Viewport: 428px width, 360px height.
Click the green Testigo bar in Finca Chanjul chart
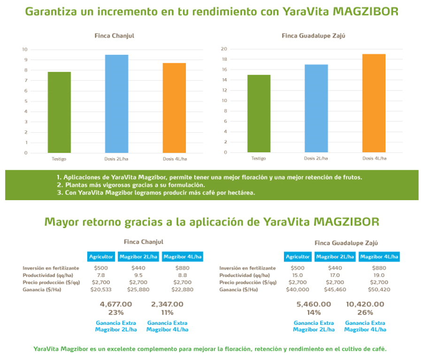[59, 112]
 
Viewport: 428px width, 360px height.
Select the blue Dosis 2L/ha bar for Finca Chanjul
[116, 104]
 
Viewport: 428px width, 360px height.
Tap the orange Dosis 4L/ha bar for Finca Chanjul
[174, 108]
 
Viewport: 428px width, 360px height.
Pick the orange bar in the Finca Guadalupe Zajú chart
[374, 103]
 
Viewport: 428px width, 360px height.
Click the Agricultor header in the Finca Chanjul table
[101, 256]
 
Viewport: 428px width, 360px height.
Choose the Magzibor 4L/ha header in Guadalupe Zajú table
[379, 256]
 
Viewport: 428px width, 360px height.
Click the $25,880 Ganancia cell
[138, 289]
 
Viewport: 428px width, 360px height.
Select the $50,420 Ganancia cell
[379, 289]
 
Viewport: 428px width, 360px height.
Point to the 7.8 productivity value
[100, 275]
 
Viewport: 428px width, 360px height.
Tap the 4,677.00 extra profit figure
[116, 304]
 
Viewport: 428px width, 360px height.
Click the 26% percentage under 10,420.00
[365, 312]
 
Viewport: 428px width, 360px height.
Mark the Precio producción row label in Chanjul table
[51, 282]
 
